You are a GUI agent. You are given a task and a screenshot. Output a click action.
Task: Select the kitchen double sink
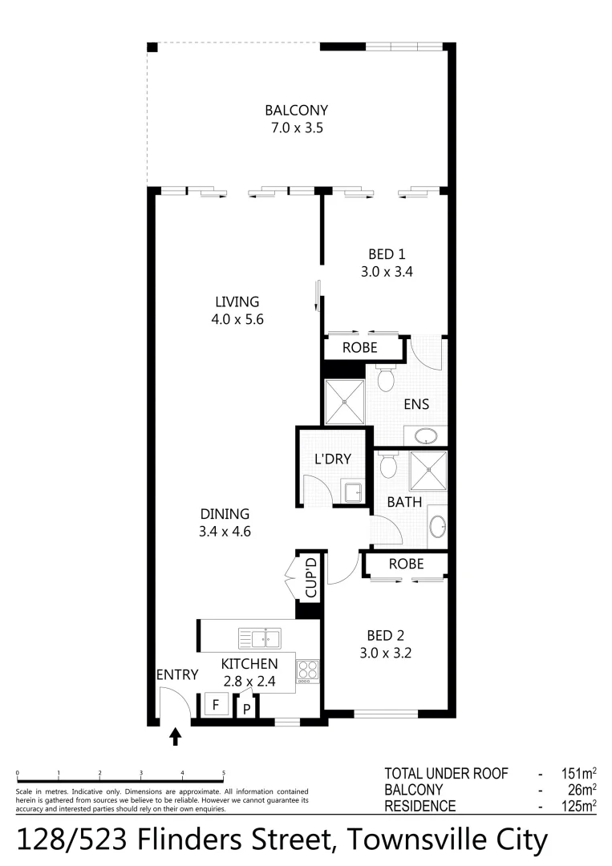point(259,638)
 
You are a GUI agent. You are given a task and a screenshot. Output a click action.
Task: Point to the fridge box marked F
point(215,706)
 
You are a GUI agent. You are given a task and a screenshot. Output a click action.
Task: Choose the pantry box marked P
point(247,708)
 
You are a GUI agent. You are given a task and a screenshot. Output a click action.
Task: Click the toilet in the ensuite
point(386,377)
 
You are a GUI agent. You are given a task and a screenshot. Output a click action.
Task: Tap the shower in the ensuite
point(344,403)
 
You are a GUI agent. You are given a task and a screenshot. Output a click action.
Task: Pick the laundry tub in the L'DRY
point(353,492)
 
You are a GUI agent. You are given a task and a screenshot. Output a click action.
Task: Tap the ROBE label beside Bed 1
point(360,349)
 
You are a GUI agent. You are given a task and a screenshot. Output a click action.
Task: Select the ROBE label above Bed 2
point(406,564)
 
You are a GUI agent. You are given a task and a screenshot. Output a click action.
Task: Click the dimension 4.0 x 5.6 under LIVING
point(237,318)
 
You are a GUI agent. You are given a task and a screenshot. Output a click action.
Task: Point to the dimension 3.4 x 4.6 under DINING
point(225,531)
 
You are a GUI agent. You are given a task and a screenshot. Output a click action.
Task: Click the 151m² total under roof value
point(578,774)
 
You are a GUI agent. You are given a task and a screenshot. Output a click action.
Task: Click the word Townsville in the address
point(410,840)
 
